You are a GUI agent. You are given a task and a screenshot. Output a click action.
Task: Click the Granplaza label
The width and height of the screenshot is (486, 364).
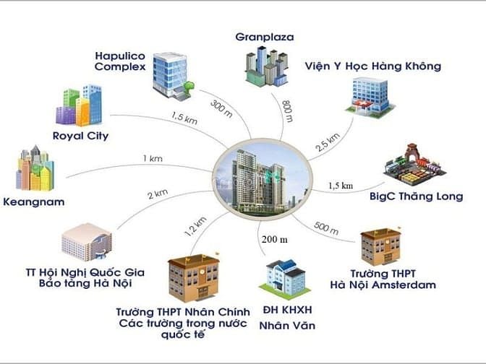(266, 36)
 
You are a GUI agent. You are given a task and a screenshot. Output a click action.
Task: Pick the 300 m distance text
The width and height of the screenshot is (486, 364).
(221, 108)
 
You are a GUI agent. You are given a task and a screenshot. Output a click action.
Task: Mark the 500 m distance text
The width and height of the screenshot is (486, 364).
(326, 230)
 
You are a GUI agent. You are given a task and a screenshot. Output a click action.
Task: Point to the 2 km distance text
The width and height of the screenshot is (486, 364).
(158, 194)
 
